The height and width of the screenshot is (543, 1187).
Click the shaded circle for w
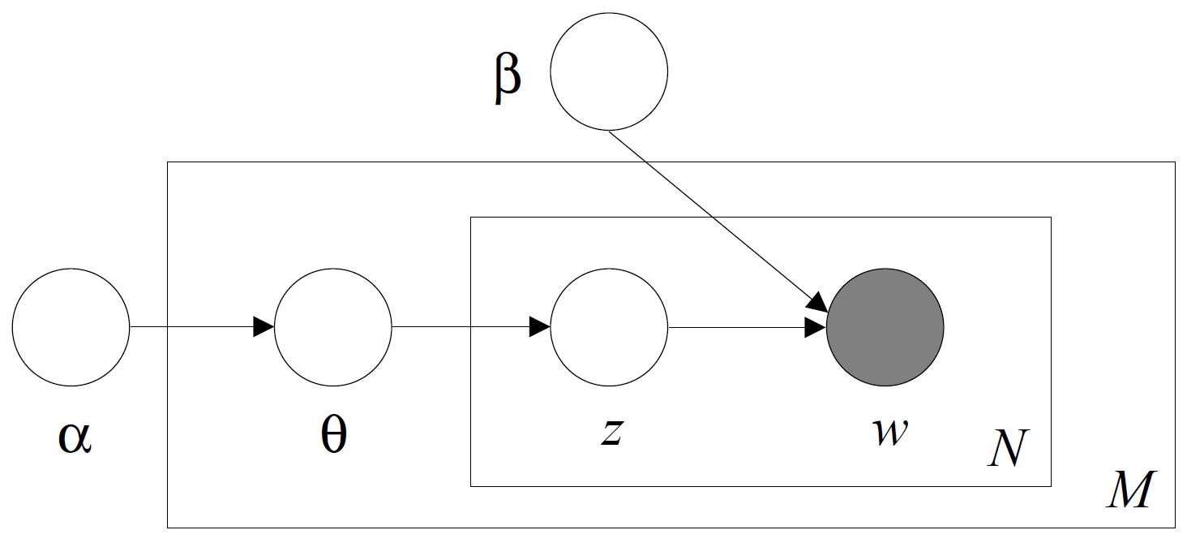click(885, 327)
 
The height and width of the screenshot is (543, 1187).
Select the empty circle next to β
click(609, 71)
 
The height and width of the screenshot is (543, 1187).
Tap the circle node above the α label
click(71, 327)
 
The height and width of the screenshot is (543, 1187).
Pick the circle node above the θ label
click(333, 327)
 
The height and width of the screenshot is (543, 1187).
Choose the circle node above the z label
click(609, 327)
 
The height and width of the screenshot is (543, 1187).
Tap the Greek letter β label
click(508, 80)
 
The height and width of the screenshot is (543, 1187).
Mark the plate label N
click(1007, 449)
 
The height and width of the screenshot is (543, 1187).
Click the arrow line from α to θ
click(195, 327)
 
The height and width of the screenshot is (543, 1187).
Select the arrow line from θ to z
click(462, 327)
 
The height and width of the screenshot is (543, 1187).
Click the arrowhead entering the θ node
click(264, 327)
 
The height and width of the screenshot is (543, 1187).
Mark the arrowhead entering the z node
click(539, 327)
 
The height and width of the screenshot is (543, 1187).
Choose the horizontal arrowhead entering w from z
click(815, 328)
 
